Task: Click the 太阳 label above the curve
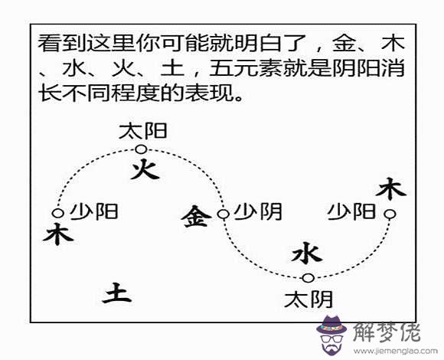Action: (143, 131)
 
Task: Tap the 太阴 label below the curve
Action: (309, 299)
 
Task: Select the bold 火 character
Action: (145, 169)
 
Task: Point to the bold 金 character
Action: (196, 216)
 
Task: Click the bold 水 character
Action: (307, 253)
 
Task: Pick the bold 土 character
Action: (116, 293)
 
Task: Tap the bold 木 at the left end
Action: (58, 234)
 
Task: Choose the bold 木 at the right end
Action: (390, 188)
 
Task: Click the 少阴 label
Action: (258, 211)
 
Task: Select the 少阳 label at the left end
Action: (94, 211)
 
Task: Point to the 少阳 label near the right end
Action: (351, 211)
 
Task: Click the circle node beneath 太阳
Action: (141, 149)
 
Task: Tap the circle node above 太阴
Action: (308, 278)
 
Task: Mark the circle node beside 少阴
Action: (223, 214)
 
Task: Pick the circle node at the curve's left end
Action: (57, 213)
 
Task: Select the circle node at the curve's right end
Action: (390, 214)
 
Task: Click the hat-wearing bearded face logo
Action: (331, 335)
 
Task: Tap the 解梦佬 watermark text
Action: (387, 332)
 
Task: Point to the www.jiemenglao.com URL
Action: (395, 352)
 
